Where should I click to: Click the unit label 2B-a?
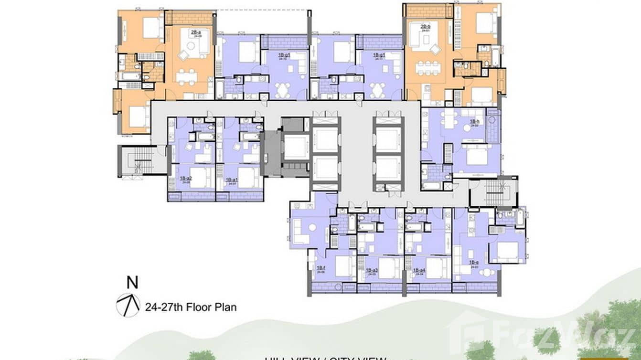(195, 32)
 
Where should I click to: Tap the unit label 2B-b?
(426, 26)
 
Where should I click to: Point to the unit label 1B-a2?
(185, 179)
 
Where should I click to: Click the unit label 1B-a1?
(233, 179)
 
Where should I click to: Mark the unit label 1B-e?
(474, 263)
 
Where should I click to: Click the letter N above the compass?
(132, 283)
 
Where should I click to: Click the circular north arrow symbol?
(128, 306)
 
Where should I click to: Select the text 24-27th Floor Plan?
(190, 307)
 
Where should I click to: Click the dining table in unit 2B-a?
(186, 76)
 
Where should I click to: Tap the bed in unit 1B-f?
(343, 265)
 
